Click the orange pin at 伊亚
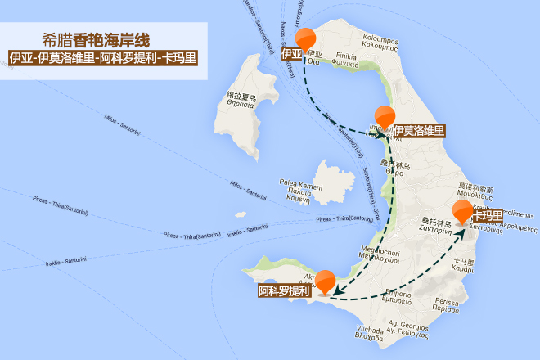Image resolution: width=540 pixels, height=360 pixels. tap(306, 38)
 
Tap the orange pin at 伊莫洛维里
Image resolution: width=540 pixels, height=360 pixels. tap(384, 117)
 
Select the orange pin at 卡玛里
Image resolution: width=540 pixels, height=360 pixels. tap(463, 211)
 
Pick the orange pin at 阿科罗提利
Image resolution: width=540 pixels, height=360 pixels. tap(326, 280)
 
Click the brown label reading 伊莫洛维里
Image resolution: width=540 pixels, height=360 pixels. tap(418, 130)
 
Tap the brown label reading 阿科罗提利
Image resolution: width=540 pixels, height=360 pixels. tap(284, 291)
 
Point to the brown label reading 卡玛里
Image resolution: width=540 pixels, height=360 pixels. tap(487, 216)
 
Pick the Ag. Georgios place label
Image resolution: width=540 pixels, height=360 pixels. tap(408, 330)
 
